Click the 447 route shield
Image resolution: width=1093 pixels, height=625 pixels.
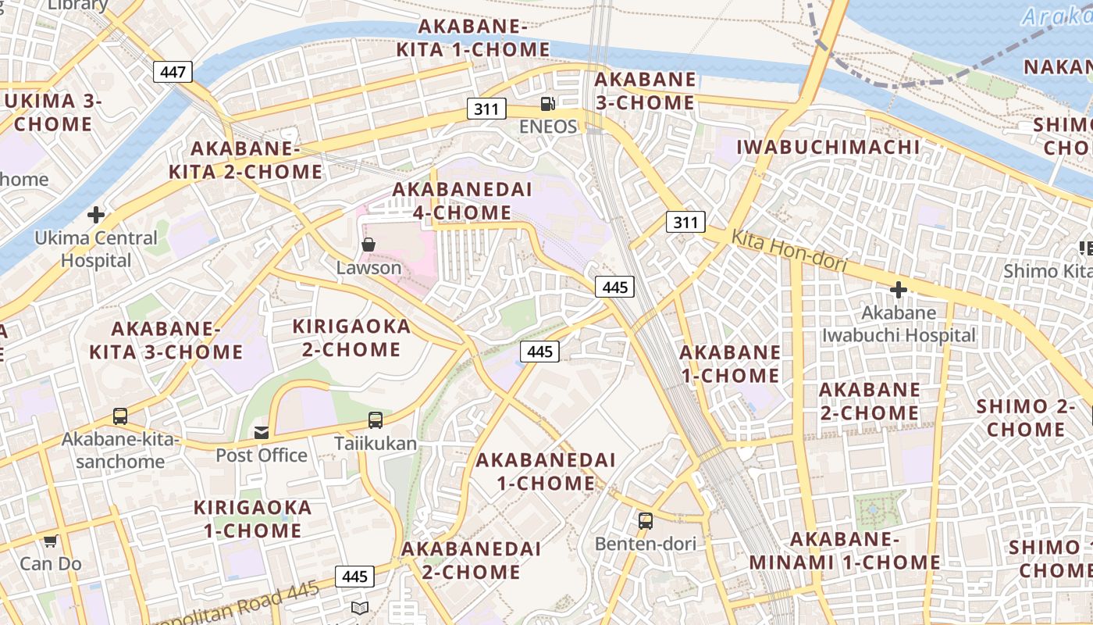point(173,73)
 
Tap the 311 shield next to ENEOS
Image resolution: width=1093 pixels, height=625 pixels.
point(486,109)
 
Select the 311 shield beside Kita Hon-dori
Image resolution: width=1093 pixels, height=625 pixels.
point(685,222)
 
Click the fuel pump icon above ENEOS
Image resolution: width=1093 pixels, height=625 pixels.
point(548,103)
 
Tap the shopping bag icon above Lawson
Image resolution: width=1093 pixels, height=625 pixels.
point(368,245)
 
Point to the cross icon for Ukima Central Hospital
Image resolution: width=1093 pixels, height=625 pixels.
point(96,214)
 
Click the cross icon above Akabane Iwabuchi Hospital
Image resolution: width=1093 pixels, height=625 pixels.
point(898,290)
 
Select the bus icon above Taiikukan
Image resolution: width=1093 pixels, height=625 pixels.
point(376,420)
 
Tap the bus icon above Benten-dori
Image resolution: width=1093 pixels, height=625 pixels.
point(645,521)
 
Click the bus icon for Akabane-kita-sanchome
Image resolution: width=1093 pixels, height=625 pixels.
point(119,416)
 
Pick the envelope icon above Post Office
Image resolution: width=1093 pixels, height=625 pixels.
point(261,432)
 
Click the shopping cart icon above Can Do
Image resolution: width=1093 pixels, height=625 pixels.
point(51,541)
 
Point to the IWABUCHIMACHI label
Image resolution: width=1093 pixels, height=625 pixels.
point(828,147)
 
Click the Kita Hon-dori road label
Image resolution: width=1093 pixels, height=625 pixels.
point(789,251)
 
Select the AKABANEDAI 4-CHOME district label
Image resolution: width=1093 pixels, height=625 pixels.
point(462,201)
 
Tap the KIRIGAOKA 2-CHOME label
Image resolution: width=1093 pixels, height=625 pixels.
point(351,337)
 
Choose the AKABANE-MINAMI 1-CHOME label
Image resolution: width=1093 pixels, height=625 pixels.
point(845,551)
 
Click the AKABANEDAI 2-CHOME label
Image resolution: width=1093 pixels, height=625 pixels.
point(471,560)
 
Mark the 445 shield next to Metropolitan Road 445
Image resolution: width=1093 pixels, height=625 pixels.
point(354,577)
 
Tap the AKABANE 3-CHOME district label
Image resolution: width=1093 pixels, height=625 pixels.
point(645,91)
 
